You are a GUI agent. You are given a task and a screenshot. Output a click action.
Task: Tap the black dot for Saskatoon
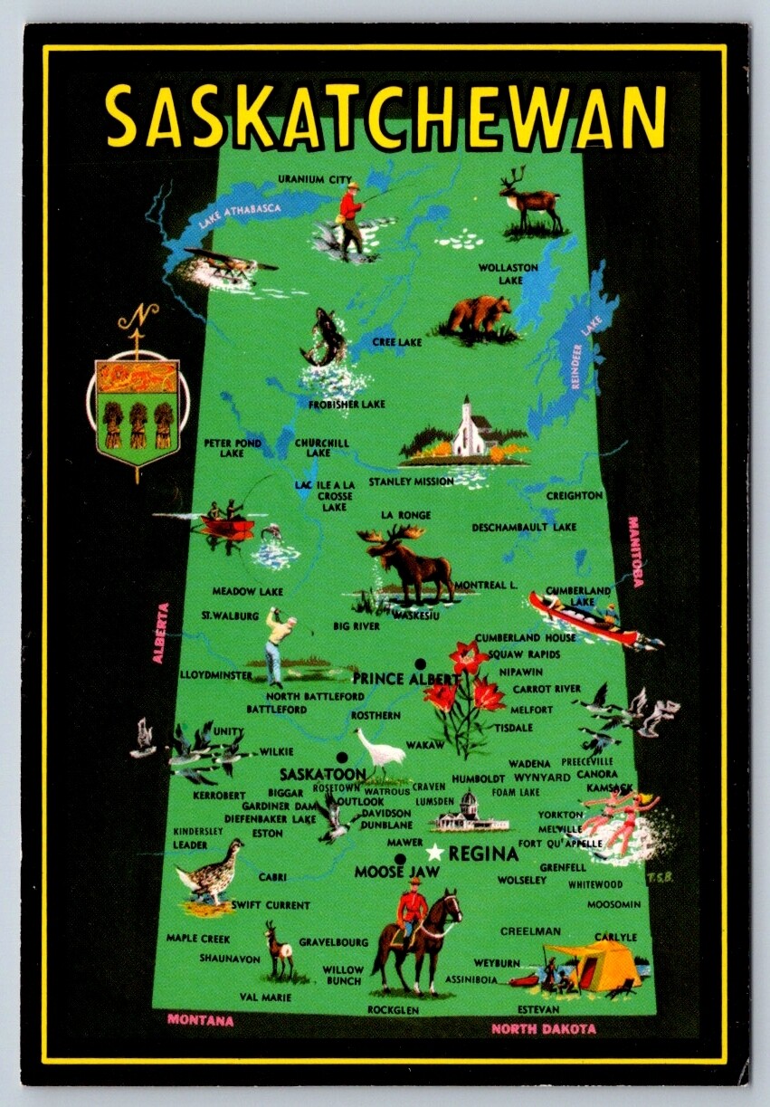coord(342,758)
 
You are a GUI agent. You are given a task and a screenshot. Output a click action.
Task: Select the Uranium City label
coord(313,178)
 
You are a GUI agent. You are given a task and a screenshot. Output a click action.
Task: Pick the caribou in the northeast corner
coord(530,198)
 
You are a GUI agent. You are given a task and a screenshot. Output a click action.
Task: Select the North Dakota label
coord(544,1028)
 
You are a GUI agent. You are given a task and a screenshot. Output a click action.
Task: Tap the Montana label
coord(200,1020)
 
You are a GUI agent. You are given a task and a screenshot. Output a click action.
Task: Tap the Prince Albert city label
coord(404,679)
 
